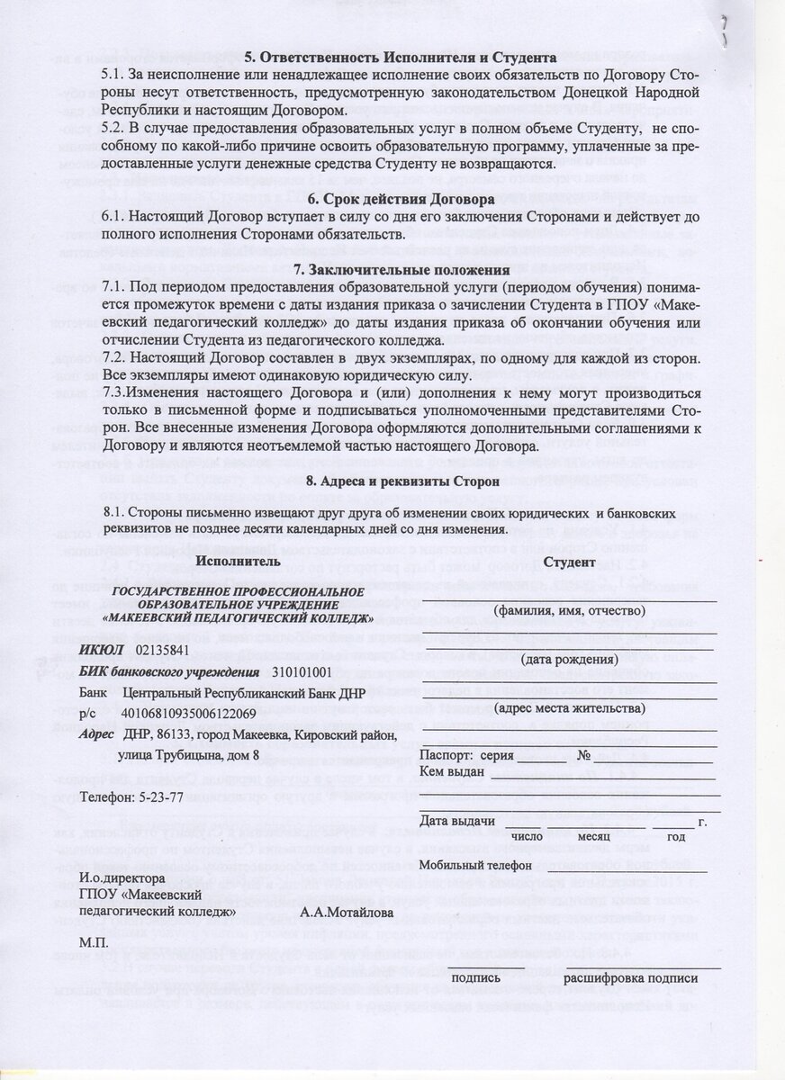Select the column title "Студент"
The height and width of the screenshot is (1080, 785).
[570, 562]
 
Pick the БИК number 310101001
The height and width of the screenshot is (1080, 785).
[302, 671]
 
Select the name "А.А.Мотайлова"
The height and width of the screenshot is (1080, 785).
[347, 912]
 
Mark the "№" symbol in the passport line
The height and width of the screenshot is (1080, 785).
[584, 754]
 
